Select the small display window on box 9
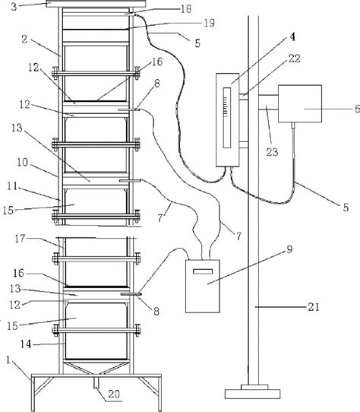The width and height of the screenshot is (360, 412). point(202,271)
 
